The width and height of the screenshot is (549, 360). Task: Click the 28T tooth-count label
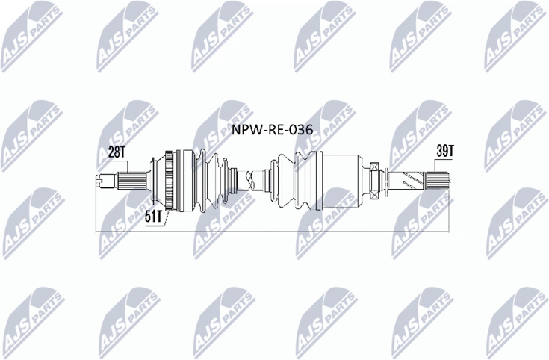[117, 152]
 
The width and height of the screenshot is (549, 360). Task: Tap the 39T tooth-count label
[445, 152]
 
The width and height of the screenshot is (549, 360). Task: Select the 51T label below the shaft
[154, 217]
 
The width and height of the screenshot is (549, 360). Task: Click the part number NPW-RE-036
[273, 130]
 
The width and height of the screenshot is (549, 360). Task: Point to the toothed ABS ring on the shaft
[170, 180]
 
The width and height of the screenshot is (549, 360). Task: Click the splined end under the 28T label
[131, 181]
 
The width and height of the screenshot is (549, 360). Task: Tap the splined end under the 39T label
[436, 181]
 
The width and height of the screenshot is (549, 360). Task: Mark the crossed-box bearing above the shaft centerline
[374, 167]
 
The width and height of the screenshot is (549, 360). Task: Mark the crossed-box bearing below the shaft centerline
[374, 195]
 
